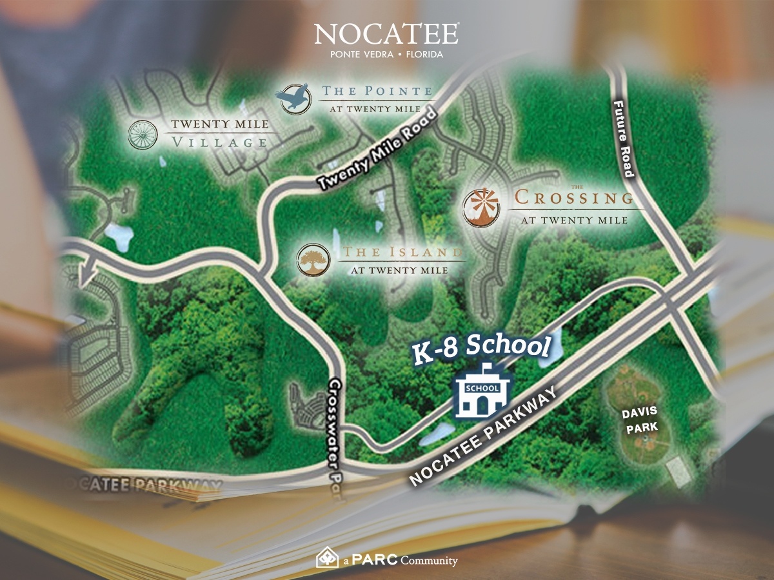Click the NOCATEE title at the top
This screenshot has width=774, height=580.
click(x=386, y=34)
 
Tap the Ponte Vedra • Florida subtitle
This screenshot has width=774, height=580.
click(x=386, y=55)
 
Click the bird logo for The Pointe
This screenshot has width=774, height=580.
click(x=293, y=97)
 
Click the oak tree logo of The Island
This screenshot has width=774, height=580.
click(x=313, y=260)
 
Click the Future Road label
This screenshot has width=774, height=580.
click(x=624, y=139)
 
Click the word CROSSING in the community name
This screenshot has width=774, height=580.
click(x=574, y=198)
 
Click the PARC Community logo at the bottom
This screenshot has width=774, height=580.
click(x=386, y=559)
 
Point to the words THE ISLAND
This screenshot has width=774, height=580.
click(x=404, y=253)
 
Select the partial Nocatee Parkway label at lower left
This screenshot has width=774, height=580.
click(x=148, y=485)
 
